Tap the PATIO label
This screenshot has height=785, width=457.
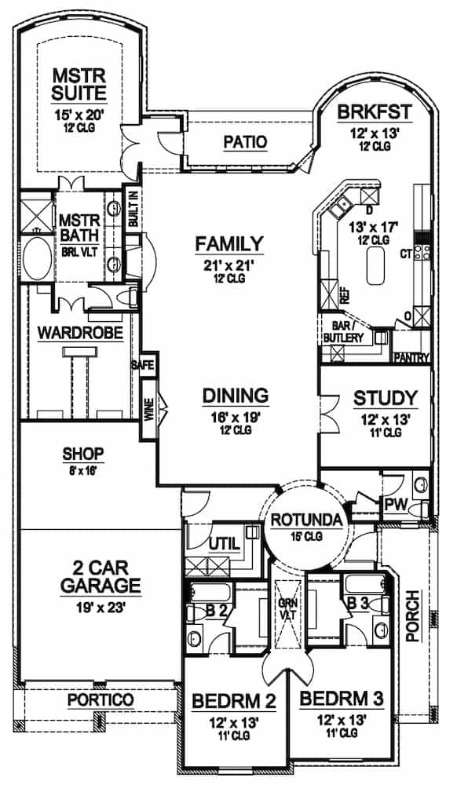[244, 142]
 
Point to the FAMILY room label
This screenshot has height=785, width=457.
[229, 243]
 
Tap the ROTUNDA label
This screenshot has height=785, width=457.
[306, 520]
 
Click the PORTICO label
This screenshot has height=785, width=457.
[100, 699]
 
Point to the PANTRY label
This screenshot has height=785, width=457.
[413, 359]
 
